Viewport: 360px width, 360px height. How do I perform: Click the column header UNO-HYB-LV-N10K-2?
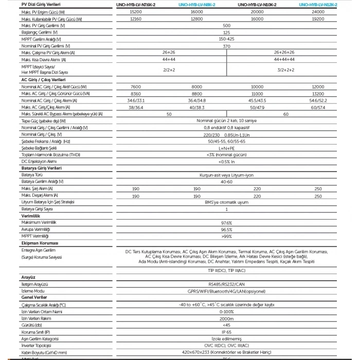(258, 4)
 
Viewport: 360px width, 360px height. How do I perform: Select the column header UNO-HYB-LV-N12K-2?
(318, 4)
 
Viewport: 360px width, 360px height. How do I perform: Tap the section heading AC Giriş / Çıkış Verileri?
(43, 80)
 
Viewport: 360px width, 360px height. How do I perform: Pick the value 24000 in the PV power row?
(318, 11)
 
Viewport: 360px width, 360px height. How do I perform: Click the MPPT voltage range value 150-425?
(226, 39)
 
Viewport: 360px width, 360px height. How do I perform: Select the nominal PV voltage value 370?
(226, 46)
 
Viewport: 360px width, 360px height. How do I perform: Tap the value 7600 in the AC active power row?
(136, 87)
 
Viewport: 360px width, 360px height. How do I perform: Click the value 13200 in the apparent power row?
(318, 94)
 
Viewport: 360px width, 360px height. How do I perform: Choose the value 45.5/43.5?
(257, 100)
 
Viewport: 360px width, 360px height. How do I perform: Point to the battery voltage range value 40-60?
(226, 182)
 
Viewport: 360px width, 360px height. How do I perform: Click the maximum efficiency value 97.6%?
(226, 223)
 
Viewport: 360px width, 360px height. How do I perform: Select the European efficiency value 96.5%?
(226, 229)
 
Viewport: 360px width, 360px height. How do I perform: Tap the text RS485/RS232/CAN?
(226, 284)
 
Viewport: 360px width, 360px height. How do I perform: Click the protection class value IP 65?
(226, 332)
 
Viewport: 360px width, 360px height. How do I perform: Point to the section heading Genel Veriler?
(34, 297)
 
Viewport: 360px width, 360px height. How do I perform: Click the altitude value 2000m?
(226, 318)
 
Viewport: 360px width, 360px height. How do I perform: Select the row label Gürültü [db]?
(32, 325)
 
